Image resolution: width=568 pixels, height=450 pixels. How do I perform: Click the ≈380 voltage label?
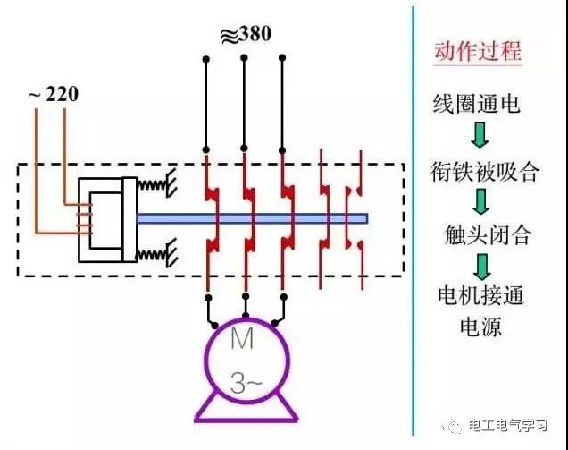[x=246, y=35]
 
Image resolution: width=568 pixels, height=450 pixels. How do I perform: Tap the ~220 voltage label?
[x=53, y=94]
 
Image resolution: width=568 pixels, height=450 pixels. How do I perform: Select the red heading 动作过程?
[x=478, y=51]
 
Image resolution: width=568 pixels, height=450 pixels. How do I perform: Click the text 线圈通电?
[x=476, y=104]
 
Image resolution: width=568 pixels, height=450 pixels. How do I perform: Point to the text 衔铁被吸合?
[x=484, y=171]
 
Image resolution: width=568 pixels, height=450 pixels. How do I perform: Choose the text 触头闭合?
[x=488, y=234]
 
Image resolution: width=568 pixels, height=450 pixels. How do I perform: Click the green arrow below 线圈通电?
[x=480, y=134]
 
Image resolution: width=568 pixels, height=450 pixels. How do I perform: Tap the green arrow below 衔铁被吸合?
[x=481, y=201]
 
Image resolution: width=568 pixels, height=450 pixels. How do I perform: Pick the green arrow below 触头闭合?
[x=482, y=267]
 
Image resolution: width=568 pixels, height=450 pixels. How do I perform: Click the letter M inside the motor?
[x=242, y=339]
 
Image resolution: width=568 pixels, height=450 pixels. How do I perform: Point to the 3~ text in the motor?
[x=246, y=383]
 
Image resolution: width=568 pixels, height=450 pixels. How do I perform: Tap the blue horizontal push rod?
[x=253, y=218]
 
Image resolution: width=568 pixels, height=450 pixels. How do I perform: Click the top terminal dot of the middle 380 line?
[x=244, y=57]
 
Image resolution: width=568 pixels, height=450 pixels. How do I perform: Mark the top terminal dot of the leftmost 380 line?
[x=205, y=59]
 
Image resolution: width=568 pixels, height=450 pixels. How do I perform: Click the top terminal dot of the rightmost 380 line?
[x=282, y=57]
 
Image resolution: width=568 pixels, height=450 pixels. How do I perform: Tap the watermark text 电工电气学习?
[x=507, y=425]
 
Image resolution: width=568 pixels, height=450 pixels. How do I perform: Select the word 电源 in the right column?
[x=480, y=326]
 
